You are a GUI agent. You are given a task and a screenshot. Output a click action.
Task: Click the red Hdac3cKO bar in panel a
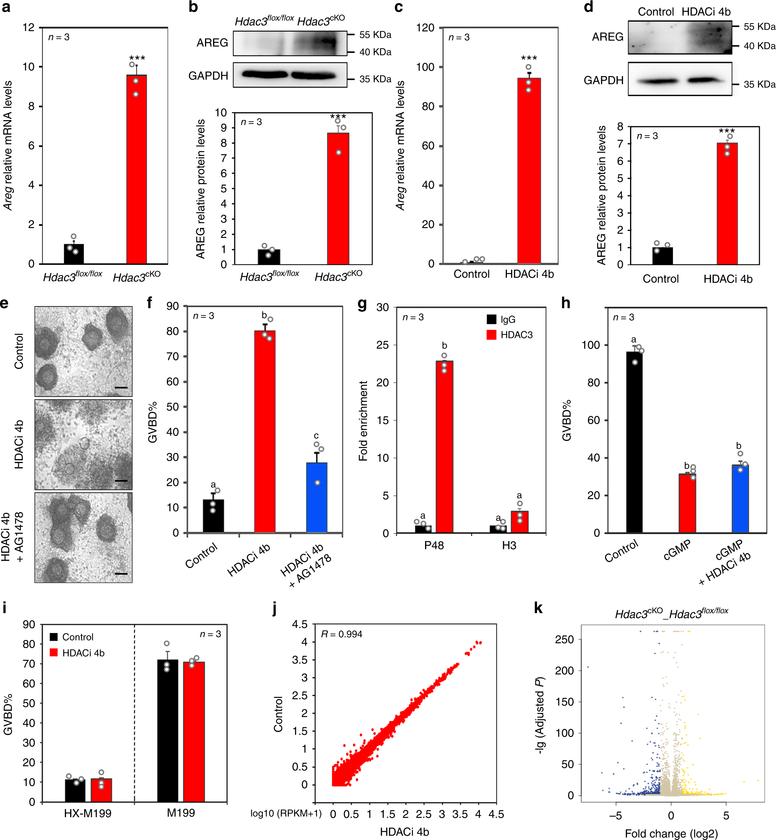click(x=136, y=168)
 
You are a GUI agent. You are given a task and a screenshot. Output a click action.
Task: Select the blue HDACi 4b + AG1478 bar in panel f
click(x=317, y=498)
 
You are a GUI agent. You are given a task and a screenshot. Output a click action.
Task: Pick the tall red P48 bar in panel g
click(x=444, y=447)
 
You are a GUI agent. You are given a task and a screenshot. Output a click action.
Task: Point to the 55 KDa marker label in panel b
click(x=375, y=35)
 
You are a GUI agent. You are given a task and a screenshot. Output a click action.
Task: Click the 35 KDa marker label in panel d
click(x=759, y=85)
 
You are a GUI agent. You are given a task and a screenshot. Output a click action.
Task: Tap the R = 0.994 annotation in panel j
click(x=341, y=634)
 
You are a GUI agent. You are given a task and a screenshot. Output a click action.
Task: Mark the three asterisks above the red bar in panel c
click(x=529, y=58)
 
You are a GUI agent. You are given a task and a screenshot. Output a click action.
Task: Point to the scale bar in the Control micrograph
click(x=121, y=388)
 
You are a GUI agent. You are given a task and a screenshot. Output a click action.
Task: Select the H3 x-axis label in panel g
click(x=509, y=546)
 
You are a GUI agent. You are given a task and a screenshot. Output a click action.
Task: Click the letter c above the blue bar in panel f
click(x=316, y=436)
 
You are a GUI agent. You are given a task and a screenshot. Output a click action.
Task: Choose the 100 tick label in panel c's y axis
click(x=425, y=67)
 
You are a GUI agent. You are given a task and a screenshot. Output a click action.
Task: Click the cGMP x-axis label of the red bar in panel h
click(x=677, y=550)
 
